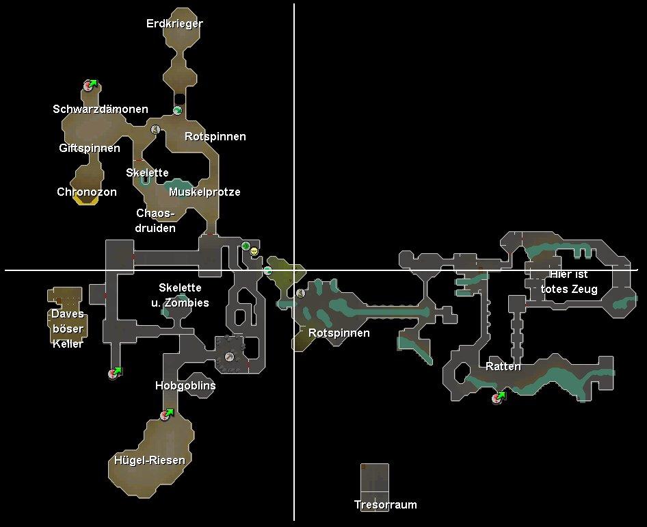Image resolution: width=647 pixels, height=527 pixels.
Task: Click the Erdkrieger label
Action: pos(174,23)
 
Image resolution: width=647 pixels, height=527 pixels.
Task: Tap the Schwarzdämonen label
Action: pos(101,109)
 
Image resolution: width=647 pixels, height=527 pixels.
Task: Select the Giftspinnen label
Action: pos(90,148)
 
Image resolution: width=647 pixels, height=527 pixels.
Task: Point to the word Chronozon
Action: pos(87,192)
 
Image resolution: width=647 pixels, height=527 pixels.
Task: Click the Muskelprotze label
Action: pos(204,192)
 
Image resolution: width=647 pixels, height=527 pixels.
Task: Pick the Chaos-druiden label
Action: pos(155,220)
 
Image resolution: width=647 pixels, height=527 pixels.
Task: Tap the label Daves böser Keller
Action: pos(68,329)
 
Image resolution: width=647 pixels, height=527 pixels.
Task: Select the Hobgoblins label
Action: pos(185,385)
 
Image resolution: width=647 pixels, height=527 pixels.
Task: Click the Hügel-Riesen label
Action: pos(150,460)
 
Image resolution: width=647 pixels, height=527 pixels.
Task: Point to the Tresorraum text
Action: pos(385,504)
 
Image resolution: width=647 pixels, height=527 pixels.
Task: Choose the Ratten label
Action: pos(503,366)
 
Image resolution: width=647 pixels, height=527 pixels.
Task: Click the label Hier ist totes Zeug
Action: pos(569,281)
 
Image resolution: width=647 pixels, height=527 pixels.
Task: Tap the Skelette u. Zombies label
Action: pos(180,295)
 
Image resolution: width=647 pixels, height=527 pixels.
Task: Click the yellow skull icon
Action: pos(254,252)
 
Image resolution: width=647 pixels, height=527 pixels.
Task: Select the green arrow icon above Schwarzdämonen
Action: pos(93,83)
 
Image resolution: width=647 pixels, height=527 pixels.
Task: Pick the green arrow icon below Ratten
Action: pos(502,396)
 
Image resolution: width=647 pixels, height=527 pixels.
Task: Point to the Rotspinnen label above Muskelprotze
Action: pos(215,136)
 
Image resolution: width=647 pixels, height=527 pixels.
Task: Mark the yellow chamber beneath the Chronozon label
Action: pos(85,203)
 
